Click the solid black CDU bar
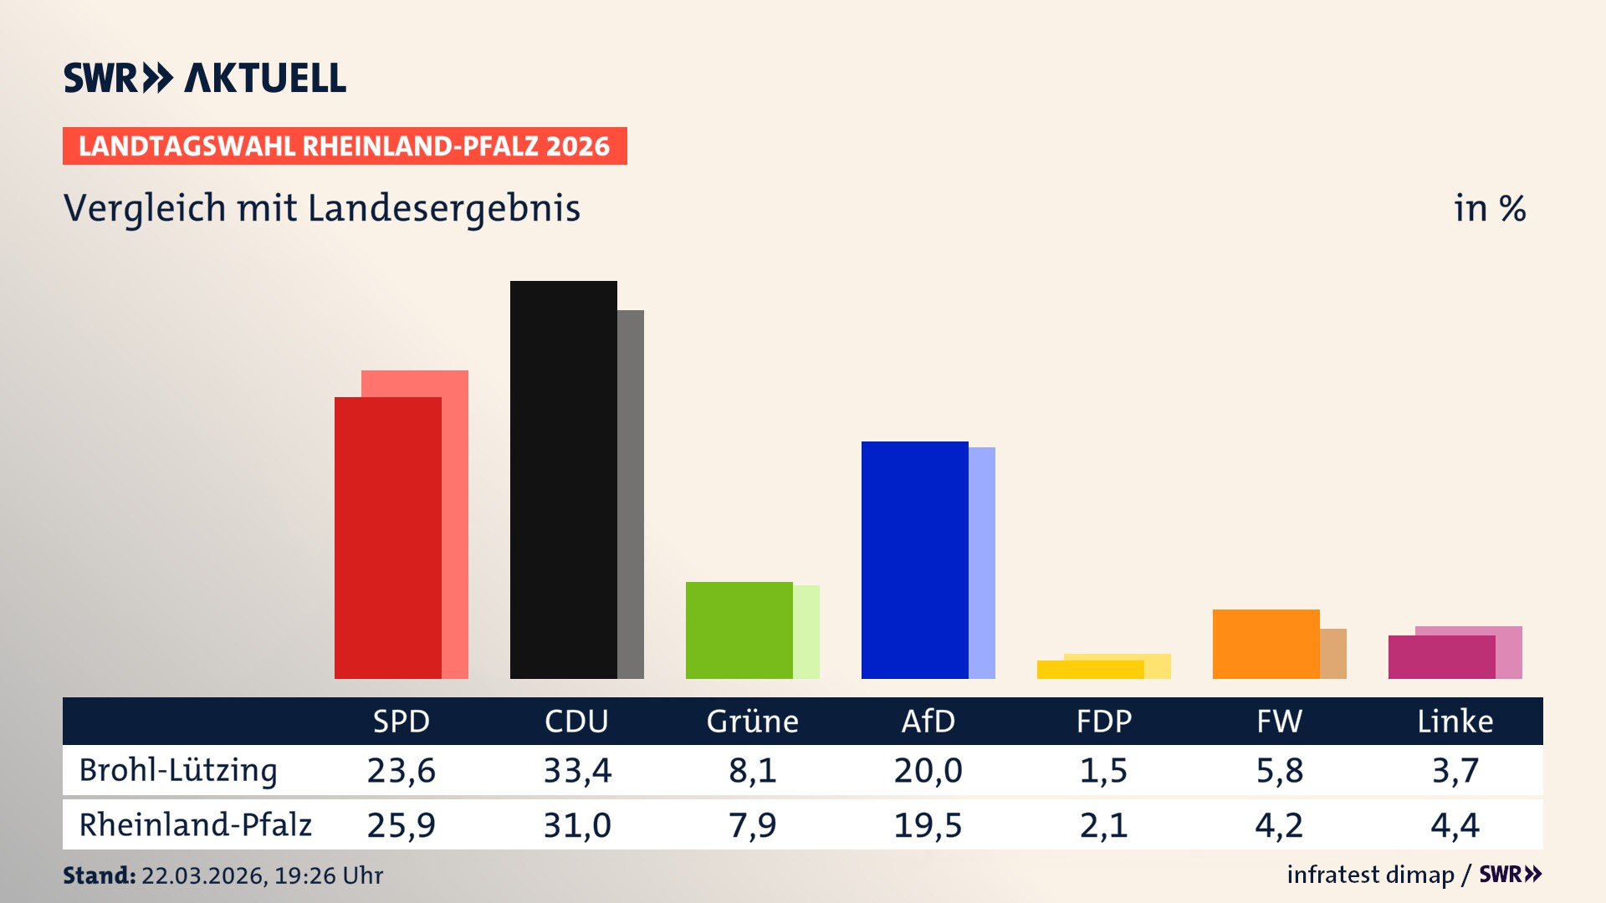click(x=563, y=479)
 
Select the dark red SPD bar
click(x=387, y=538)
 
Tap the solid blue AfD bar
click(x=914, y=559)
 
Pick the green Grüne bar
click(x=739, y=630)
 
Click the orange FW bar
click(x=1266, y=644)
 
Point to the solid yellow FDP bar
click(x=1090, y=670)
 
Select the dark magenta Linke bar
click(x=1441, y=657)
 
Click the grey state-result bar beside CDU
click(x=631, y=493)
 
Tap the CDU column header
click(x=576, y=722)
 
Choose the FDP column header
click(x=1103, y=722)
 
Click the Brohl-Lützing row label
click(x=177, y=770)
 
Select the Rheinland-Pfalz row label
click(x=195, y=824)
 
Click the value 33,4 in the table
click(x=577, y=770)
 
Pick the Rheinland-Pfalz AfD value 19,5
click(x=928, y=825)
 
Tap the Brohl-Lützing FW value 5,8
click(x=1279, y=770)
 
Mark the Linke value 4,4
click(x=1455, y=825)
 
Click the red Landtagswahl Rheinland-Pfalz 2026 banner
click(x=345, y=146)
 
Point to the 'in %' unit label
click(x=1489, y=208)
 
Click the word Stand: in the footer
click(x=99, y=875)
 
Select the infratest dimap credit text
click(x=1370, y=875)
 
